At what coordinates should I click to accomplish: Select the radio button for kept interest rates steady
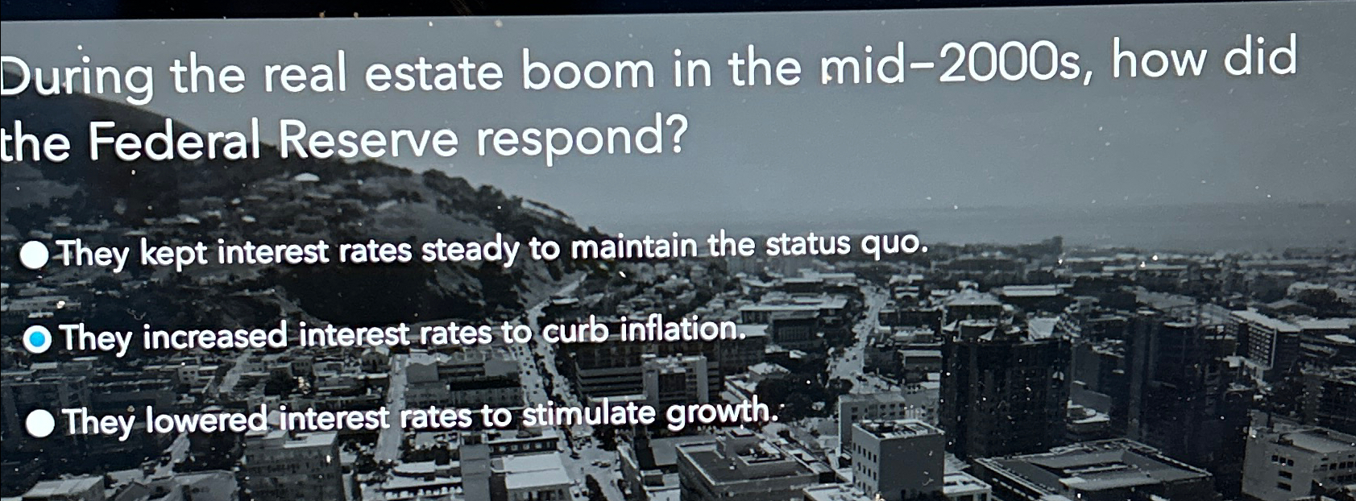[x=35, y=256]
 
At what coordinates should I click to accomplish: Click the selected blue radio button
[x=37, y=341]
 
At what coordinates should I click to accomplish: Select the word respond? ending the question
[x=581, y=140]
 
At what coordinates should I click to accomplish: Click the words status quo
[x=845, y=244]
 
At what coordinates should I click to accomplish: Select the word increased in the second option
[x=215, y=337]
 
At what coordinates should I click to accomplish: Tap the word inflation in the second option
[x=681, y=329]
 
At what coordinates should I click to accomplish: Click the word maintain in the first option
[x=634, y=247]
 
